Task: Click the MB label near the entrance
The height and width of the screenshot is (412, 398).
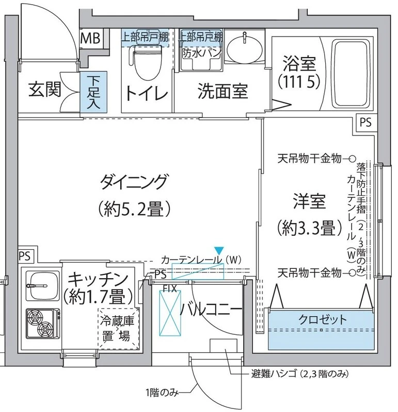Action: pyautogui.click(x=91, y=38)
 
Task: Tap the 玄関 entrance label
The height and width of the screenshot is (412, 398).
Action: pyautogui.click(x=44, y=91)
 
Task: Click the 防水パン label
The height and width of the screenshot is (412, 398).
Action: pyautogui.click(x=201, y=53)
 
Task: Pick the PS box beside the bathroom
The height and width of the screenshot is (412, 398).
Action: pyautogui.click(x=365, y=123)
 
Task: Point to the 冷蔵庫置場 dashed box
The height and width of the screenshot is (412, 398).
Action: pyautogui.click(x=119, y=330)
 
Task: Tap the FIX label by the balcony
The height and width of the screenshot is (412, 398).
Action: pyautogui.click(x=170, y=289)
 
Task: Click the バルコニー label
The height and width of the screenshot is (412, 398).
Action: pyautogui.click(x=211, y=311)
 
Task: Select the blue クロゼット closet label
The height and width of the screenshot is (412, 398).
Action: pyautogui.click(x=322, y=319)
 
